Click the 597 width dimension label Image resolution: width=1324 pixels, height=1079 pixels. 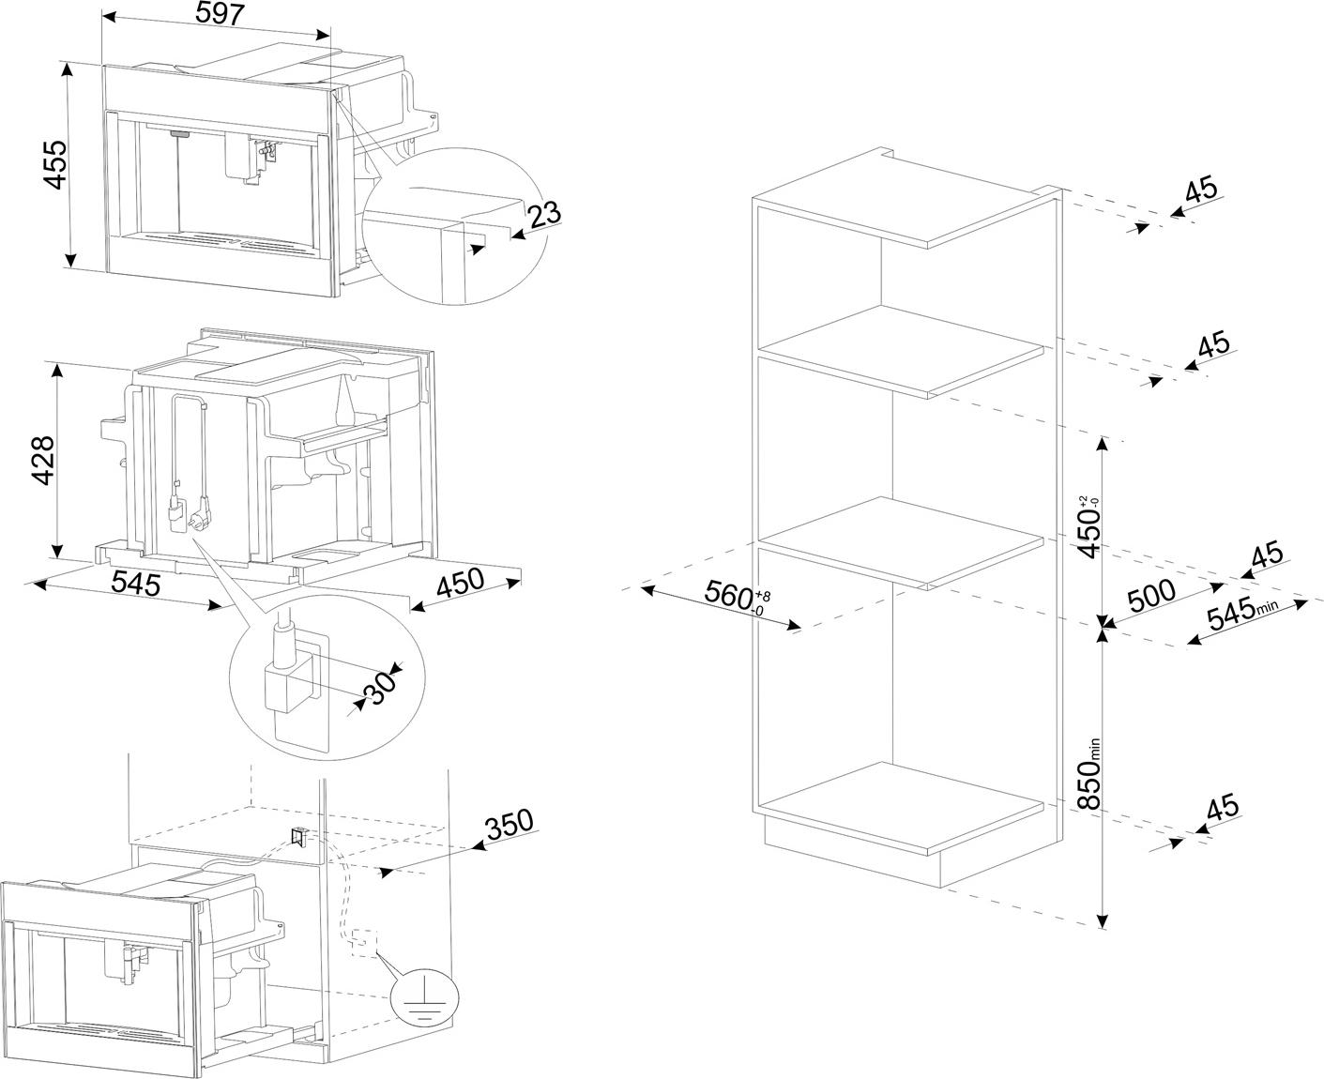click(x=221, y=14)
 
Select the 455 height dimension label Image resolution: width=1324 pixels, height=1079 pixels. click(x=57, y=164)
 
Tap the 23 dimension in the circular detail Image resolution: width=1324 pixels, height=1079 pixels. click(x=544, y=214)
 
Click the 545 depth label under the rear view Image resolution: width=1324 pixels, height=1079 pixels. click(x=136, y=584)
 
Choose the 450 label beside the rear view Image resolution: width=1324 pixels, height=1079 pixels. click(x=459, y=584)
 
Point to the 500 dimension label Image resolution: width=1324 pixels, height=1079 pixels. click(x=1150, y=595)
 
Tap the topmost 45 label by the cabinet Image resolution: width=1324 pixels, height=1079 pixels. click(x=1201, y=190)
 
